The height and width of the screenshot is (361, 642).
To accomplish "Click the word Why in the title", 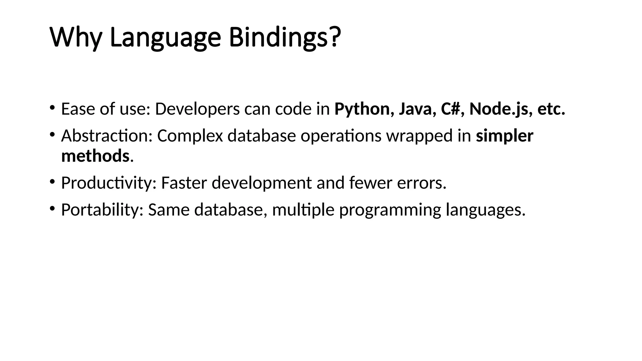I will pos(75,38).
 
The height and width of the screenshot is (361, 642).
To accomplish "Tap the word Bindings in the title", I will pos(278,38).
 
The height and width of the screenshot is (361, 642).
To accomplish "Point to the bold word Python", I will pos(362,109).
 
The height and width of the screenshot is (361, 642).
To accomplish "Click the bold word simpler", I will pos(504,136).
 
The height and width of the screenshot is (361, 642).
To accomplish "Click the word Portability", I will pos(102,210).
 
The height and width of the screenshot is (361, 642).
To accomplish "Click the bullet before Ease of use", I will pos(52,108).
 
